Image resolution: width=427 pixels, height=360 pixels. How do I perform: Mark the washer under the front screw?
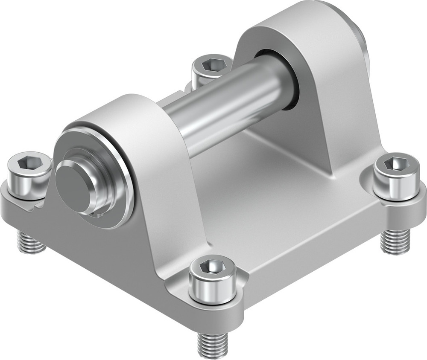coord(213,301)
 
